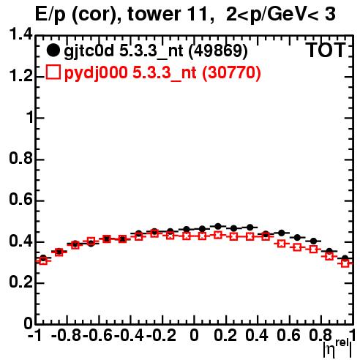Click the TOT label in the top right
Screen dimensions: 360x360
326,50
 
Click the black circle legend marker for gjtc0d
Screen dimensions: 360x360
53,50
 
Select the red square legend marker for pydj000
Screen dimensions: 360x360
53,72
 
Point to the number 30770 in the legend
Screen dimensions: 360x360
232,72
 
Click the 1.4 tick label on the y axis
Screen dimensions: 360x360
20,34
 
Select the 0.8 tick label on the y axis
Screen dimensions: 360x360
20,158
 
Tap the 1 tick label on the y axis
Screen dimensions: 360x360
30,117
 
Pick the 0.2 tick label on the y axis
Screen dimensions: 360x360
20,282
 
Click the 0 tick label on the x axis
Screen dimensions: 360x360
194,335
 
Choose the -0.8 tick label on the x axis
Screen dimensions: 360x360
66,335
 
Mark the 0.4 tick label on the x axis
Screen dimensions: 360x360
257,335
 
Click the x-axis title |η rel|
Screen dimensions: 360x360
337,348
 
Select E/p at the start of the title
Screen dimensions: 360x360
50,15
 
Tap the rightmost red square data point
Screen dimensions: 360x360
345,263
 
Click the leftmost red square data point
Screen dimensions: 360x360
43,261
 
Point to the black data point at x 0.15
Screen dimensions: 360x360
218,226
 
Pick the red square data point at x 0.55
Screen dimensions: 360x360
282,244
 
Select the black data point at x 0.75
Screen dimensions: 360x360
313,241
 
